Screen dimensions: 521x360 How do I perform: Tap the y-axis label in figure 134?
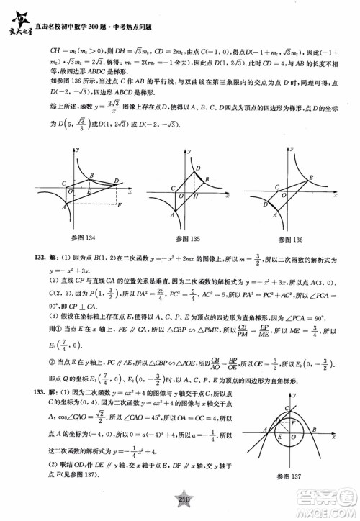(73, 149)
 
